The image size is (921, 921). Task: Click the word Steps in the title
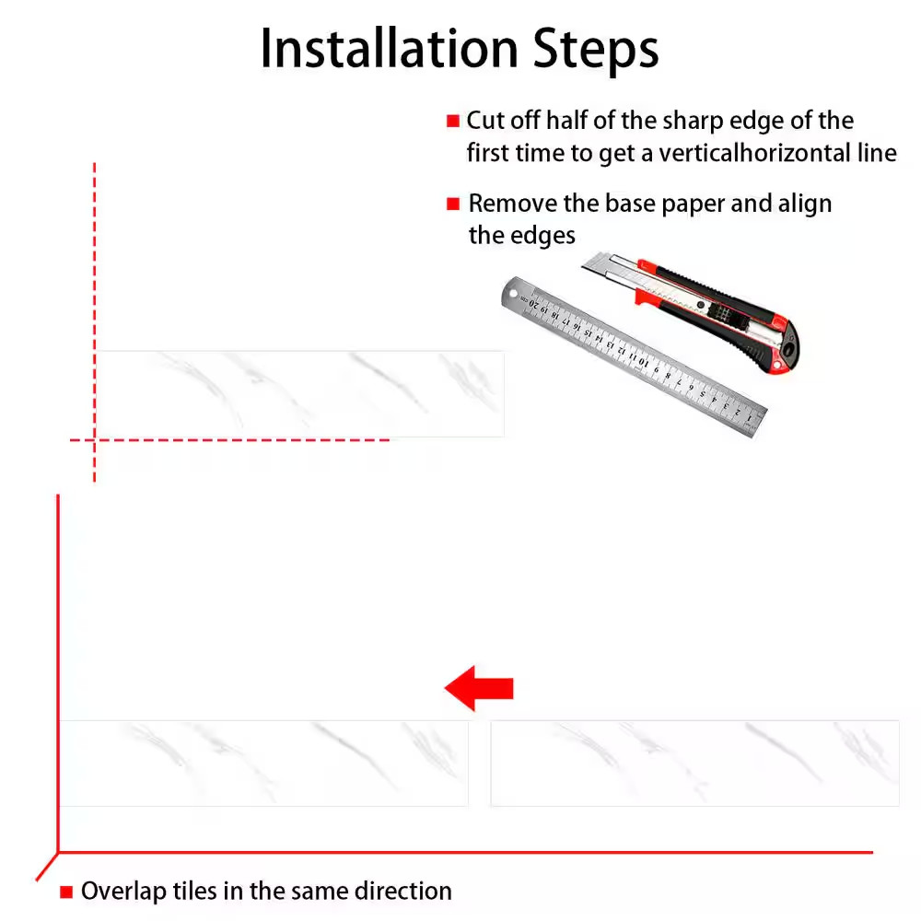[596, 51]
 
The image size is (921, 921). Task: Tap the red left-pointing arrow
[479, 688]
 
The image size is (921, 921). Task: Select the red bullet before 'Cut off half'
[453, 121]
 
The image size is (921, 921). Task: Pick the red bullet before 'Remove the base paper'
[453, 204]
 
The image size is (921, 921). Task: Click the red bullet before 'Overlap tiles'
[66, 892]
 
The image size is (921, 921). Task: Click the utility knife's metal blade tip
[584, 268]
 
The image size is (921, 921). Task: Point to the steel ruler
[634, 356]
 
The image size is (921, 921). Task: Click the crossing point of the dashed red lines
[95, 439]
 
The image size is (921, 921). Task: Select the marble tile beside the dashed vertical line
[300, 394]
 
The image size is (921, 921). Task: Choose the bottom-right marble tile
[694, 763]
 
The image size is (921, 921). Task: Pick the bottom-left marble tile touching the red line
[263, 763]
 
